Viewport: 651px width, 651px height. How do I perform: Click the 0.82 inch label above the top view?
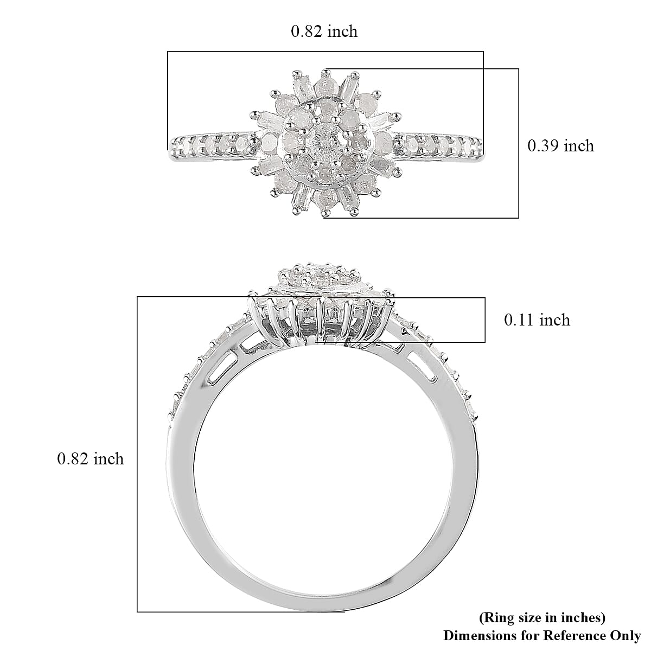pyautogui.click(x=324, y=31)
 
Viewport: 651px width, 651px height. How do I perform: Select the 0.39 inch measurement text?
pyautogui.click(x=560, y=145)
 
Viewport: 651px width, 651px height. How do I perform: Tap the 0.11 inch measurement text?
pyautogui.click(x=537, y=320)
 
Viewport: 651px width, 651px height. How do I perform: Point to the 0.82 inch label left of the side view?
pyautogui.click(x=91, y=459)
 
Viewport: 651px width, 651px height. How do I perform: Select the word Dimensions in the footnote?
pyautogui.click(x=471, y=635)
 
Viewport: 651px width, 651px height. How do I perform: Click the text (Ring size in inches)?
pyautogui.click(x=542, y=617)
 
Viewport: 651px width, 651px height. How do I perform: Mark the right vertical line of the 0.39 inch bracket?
pyautogui.click(x=519, y=143)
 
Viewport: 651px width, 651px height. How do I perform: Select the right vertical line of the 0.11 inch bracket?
pyautogui.click(x=484, y=320)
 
